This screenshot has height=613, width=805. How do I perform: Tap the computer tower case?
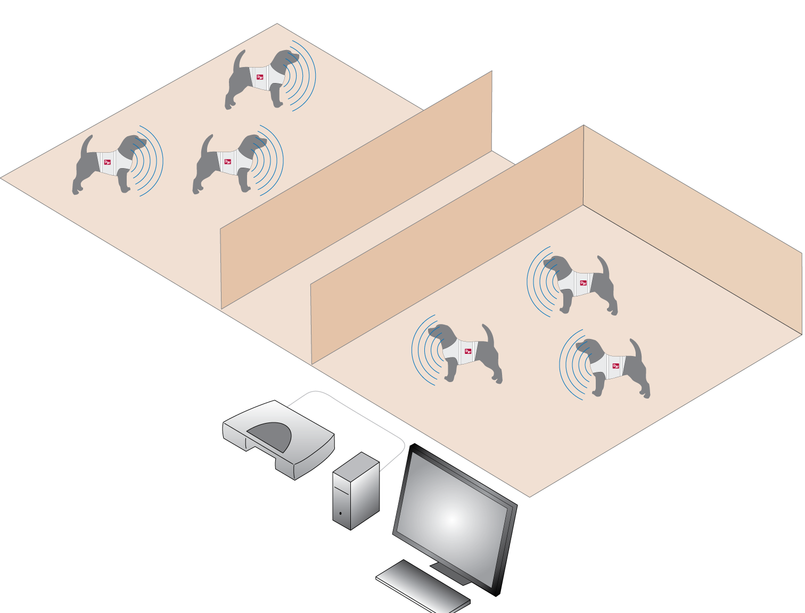[355, 492]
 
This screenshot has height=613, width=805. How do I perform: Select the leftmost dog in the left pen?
[109, 164]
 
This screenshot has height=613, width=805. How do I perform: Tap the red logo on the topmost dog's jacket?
[260, 77]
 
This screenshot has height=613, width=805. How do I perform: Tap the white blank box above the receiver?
[218, 396]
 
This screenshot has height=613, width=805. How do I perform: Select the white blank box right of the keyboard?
[673, 579]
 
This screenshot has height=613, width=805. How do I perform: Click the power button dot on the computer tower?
[341, 514]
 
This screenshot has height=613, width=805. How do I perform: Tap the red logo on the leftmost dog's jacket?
[107, 162]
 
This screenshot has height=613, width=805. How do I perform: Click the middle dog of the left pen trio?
[230, 164]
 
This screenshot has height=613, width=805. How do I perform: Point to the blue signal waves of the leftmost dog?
[152, 161]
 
